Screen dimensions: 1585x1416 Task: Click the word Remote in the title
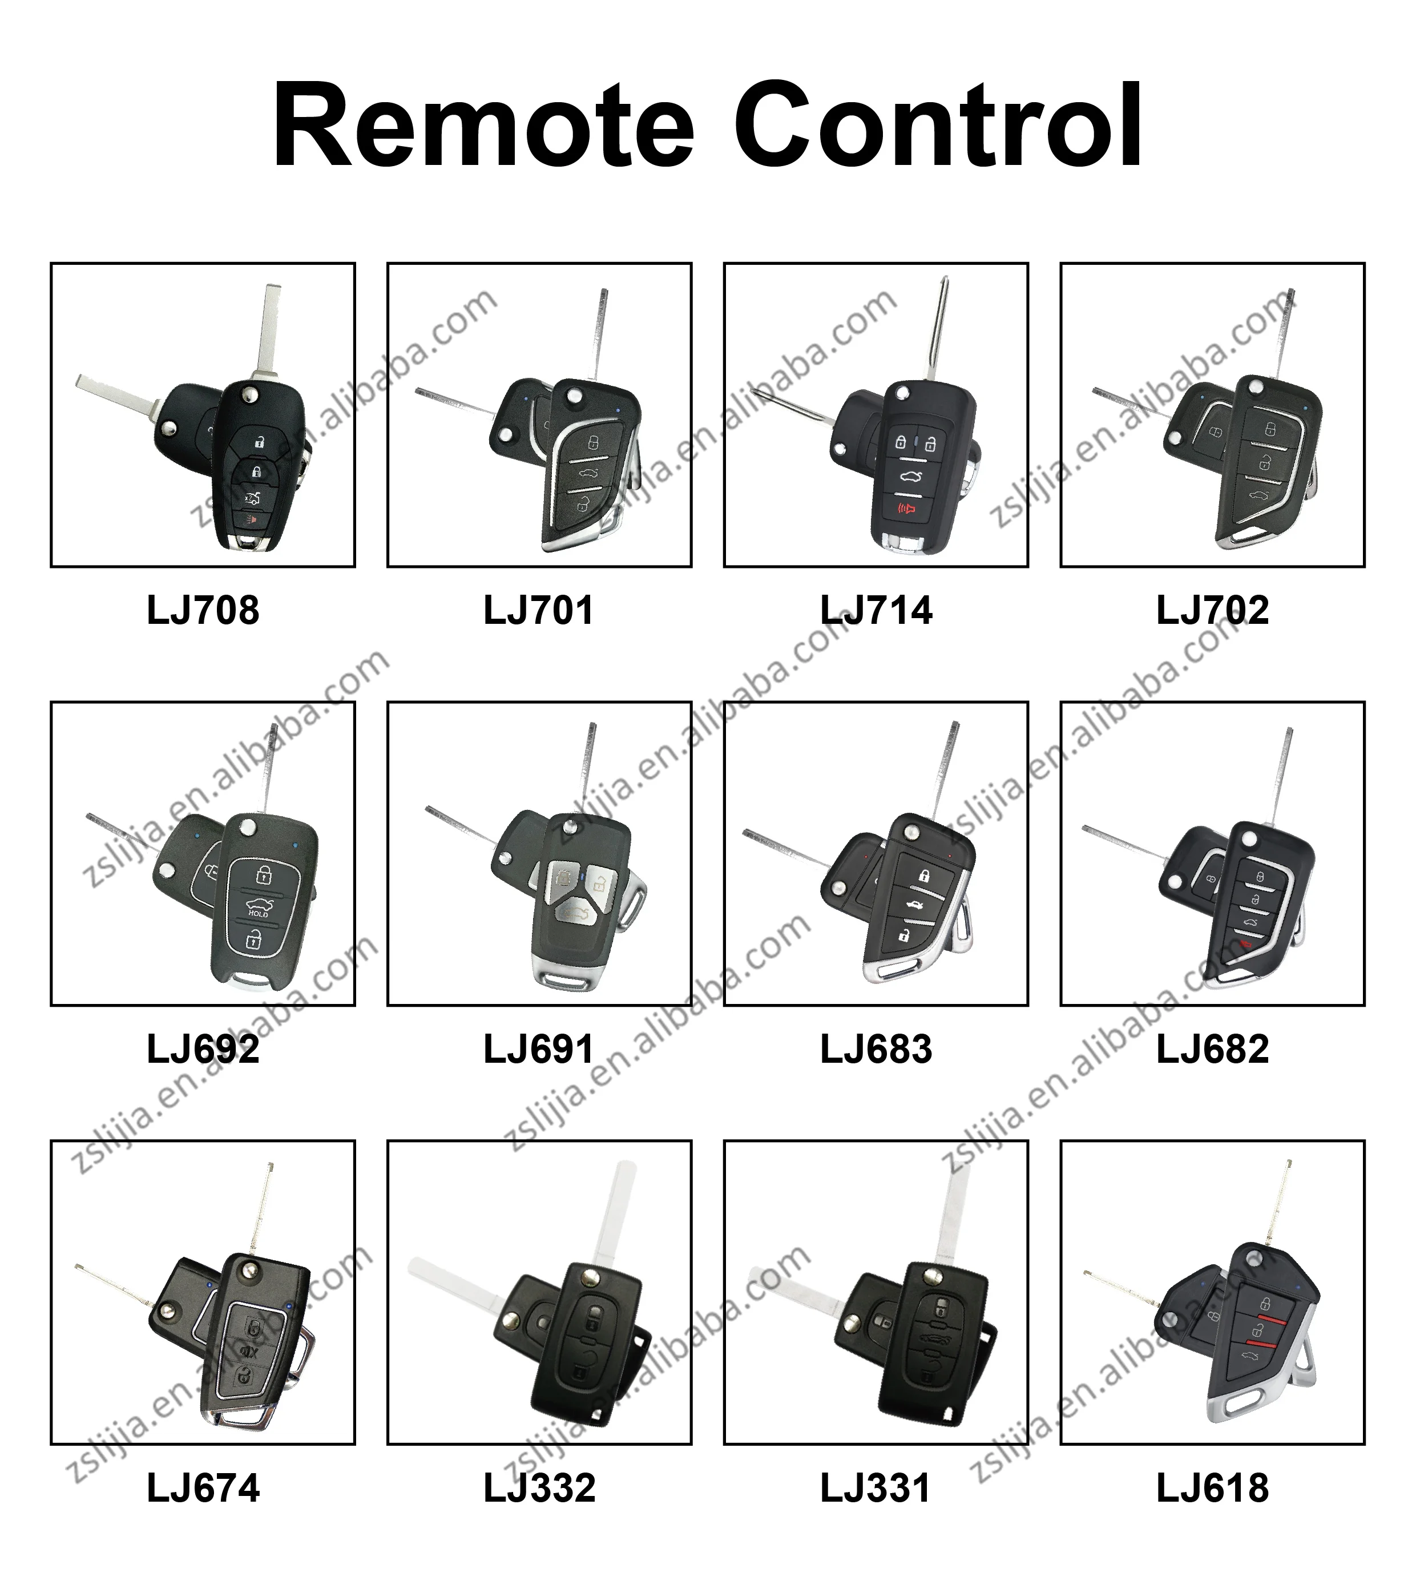coord(482,126)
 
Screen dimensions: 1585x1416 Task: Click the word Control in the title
coord(938,126)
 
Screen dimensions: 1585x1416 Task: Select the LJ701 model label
coord(538,611)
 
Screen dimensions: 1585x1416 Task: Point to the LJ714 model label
coord(876,611)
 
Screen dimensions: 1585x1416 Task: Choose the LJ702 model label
coord(1212,611)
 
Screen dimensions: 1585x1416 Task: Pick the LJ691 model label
coord(538,1050)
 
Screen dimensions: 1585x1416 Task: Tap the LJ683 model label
coord(876,1050)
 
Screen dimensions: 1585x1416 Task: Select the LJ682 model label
coord(1212,1050)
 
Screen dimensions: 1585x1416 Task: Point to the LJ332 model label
coord(538,1489)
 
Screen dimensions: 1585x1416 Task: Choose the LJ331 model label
coord(876,1489)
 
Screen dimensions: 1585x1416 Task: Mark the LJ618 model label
coord(1212,1489)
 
